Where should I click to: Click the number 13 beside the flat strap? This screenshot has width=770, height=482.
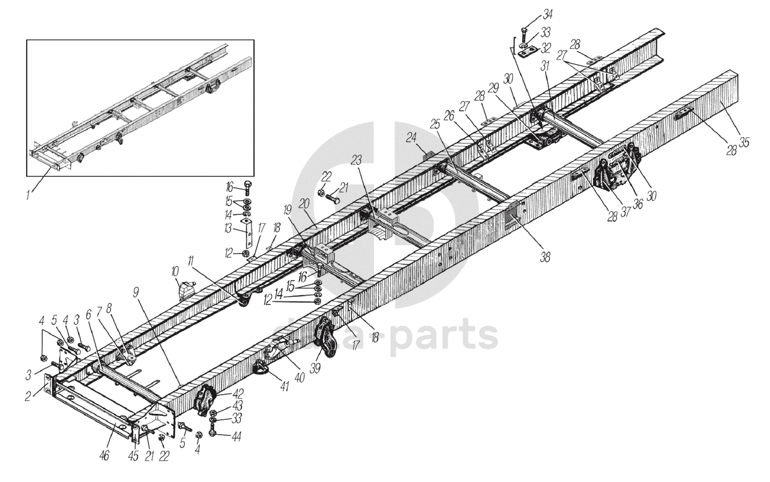228,230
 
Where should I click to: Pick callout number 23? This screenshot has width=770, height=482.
356,160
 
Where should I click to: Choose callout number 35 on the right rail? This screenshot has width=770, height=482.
744,142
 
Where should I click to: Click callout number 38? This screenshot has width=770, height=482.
545,257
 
